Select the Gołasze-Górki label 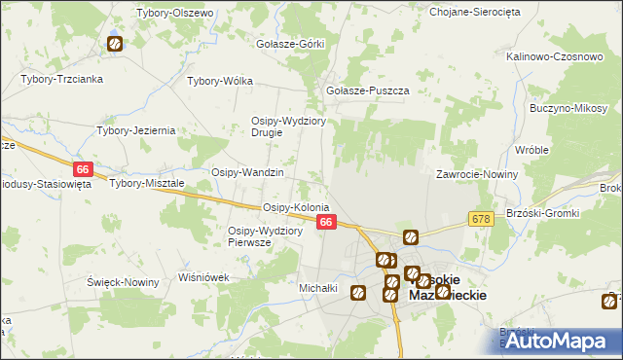[x=288, y=45]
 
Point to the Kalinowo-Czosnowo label [x=555, y=56]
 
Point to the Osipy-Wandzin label [x=247, y=172]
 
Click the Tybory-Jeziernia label [x=136, y=129]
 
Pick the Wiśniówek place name [x=203, y=276]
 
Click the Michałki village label [x=317, y=288]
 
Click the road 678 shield [x=481, y=220]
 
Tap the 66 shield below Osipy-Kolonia [x=327, y=223]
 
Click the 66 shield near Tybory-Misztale [x=83, y=169]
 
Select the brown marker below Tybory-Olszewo [x=114, y=43]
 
